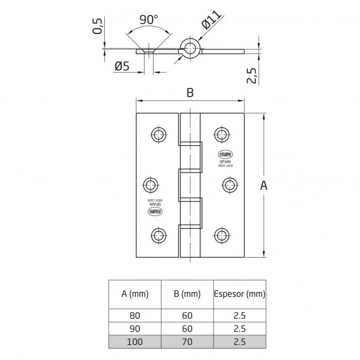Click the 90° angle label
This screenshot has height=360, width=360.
click(x=149, y=20)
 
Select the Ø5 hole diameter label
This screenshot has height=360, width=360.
click(x=122, y=66)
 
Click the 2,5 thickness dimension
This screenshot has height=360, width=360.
click(x=252, y=74)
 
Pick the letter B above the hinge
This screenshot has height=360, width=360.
click(x=190, y=93)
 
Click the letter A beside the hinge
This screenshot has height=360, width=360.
click(x=264, y=186)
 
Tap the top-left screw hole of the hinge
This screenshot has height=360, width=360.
click(x=158, y=135)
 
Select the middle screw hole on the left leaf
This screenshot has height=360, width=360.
click(x=150, y=185)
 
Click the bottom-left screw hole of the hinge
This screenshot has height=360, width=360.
click(x=158, y=235)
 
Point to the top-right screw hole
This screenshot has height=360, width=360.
click(x=222, y=135)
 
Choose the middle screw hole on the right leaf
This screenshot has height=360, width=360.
click(x=230, y=185)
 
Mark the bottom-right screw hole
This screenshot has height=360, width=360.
click(x=222, y=235)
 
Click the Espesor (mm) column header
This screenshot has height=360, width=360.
click(x=239, y=294)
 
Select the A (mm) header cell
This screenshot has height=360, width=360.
click(x=135, y=294)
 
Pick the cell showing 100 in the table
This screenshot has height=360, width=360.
click(x=135, y=341)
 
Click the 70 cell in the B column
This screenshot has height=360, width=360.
click(x=187, y=341)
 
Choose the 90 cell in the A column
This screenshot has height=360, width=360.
click(x=135, y=328)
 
